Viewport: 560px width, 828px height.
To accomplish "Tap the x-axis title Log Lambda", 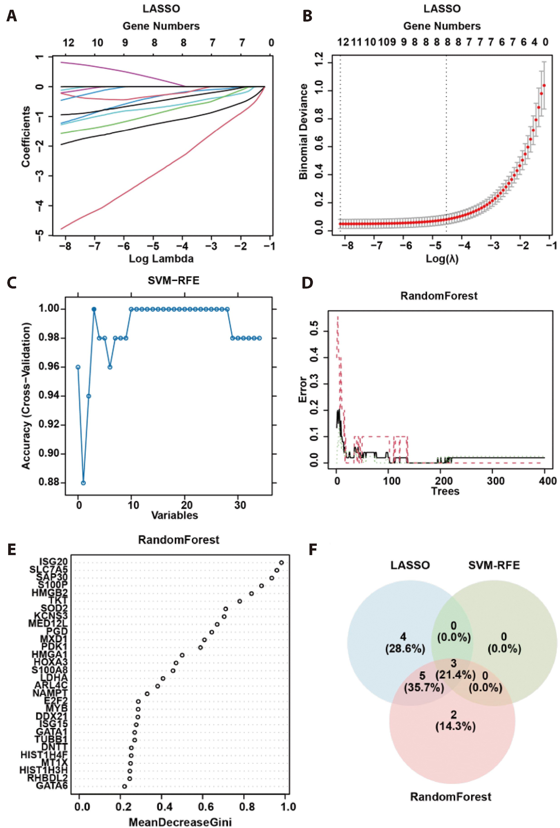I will (x=161, y=259).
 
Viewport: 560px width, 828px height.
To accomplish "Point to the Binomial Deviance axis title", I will (x=303, y=132).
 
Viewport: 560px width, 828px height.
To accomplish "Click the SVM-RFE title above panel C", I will (x=174, y=281).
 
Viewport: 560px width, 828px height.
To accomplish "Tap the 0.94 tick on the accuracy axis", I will (x=49, y=396).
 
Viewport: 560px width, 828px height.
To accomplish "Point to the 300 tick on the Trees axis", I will (x=496, y=481).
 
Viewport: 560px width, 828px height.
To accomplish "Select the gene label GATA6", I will (x=52, y=786).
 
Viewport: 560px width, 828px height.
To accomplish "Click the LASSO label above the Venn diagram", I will (x=410, y=565).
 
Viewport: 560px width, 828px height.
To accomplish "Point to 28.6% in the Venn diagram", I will (x=405, y=649).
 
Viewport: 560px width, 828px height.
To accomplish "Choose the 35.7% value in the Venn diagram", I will (x=424, y=687).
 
